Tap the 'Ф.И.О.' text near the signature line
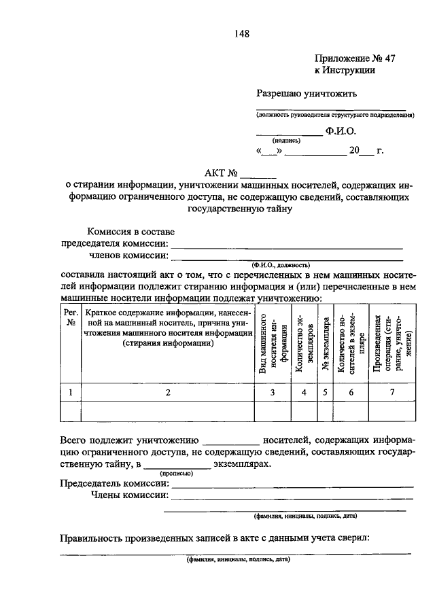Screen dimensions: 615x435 [x=341, y=130]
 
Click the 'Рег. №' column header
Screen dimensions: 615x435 [x=71, y=317]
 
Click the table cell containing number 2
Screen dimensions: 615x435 [x=166, y=392]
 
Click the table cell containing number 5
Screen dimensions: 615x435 [x=326, y=392]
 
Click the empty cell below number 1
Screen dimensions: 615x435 [x=71, y=412]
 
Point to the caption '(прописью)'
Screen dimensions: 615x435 [x=175, y=474]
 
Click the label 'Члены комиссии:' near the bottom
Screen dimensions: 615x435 [x=129, y=495]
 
